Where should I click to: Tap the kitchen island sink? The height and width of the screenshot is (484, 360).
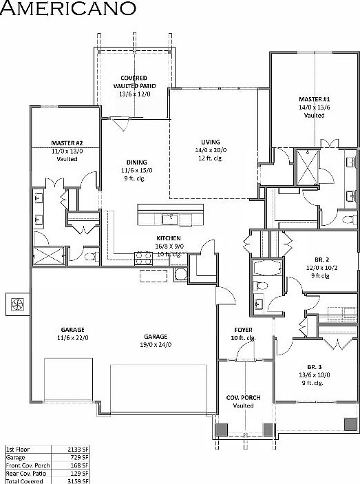tap(171, 220)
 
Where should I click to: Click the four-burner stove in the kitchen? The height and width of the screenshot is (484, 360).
tap(144, 258)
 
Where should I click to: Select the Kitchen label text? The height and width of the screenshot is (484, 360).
tap(168, 238)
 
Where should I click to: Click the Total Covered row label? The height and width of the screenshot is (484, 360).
tap(25, 481)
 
